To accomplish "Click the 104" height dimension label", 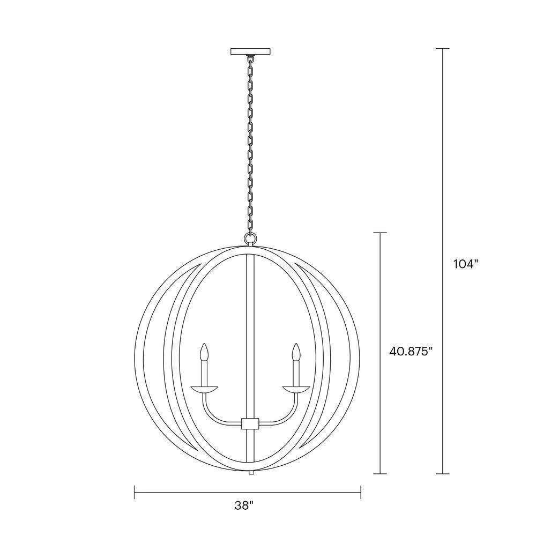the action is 465,264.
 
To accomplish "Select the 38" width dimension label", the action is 244,505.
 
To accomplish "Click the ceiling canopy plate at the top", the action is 250,51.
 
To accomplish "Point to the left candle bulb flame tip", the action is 204,344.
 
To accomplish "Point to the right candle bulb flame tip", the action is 296,344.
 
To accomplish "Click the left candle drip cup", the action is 204,389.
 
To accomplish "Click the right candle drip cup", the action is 296,389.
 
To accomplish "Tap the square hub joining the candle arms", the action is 250,423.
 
